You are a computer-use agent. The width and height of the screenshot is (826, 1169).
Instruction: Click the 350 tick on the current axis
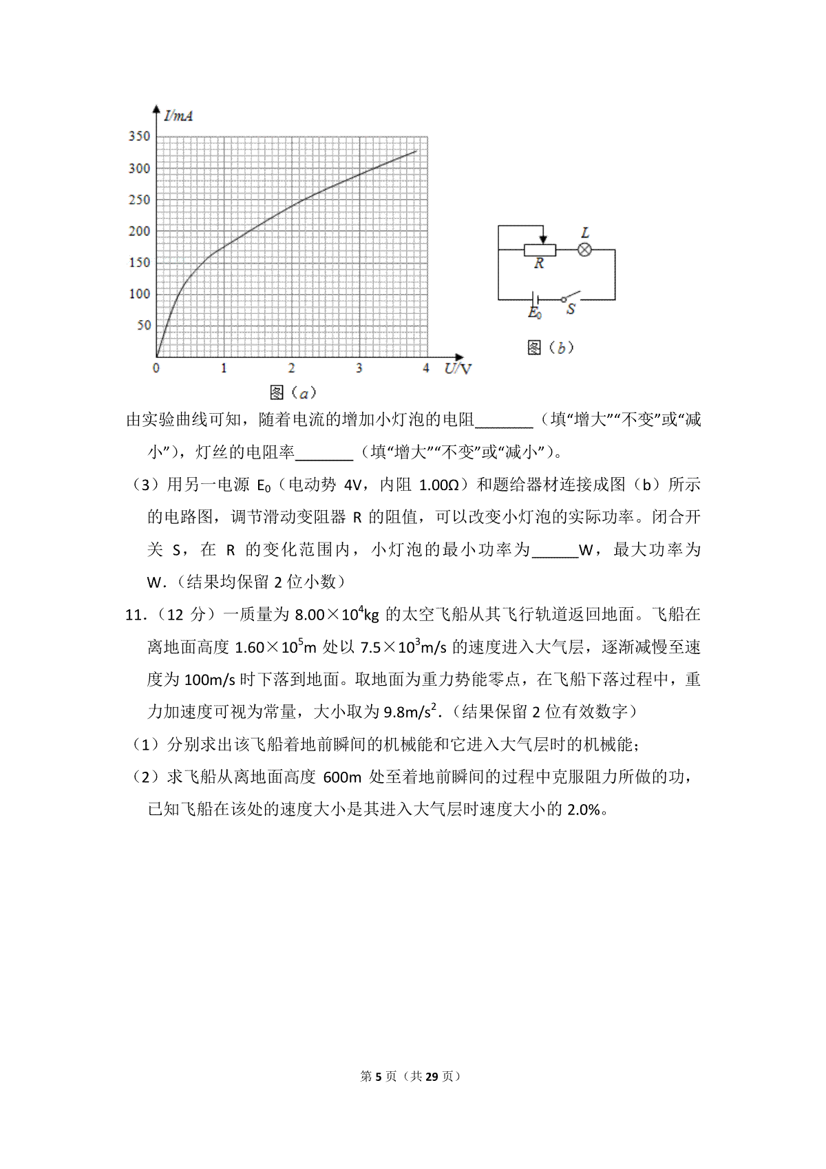139,136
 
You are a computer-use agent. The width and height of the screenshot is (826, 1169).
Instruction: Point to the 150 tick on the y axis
139,262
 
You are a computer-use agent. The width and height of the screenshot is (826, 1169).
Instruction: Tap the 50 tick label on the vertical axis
143,325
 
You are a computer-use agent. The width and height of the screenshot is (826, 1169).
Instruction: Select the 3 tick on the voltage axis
359,368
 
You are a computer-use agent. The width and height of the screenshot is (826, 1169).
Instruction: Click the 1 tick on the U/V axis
224,368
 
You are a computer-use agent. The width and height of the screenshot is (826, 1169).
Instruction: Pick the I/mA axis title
178,116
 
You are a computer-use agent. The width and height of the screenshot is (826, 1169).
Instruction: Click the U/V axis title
458,368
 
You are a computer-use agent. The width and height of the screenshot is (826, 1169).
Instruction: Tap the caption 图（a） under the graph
293,392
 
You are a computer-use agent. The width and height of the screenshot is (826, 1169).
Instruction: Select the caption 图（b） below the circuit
550,348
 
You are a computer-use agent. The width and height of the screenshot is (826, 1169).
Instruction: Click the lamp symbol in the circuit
584,250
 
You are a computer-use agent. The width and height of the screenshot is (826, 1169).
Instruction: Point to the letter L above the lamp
585,233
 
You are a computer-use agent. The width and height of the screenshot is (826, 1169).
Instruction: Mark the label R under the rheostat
539,264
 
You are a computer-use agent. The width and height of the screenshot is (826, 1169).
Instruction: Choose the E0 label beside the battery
534,313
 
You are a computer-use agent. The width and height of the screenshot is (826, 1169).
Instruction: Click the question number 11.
134,615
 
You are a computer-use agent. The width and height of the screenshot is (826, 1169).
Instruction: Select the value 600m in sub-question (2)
342,777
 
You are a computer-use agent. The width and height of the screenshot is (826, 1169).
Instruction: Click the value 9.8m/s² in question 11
410,712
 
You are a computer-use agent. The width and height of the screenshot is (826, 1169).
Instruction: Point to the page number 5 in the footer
377,1076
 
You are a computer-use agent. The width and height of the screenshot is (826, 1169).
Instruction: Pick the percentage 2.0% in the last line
584,810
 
